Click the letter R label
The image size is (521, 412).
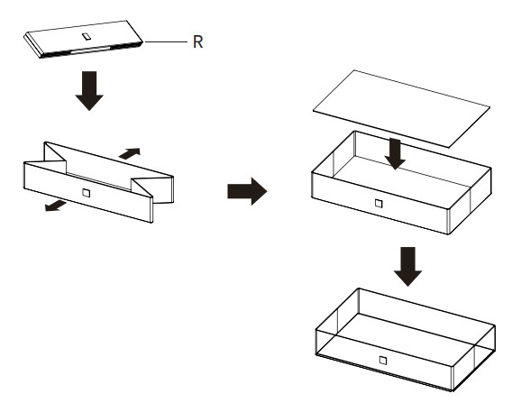pyautogui.click(x=197, y=41)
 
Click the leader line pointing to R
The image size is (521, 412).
pyautogui.click(x=166, y=41)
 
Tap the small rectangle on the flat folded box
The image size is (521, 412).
pyautogui.click(x=87, y=36)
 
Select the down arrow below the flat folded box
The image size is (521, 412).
pyautogui.click(x=89, y=91)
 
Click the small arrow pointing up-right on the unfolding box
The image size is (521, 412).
pyautogui.click(x=130, y=153)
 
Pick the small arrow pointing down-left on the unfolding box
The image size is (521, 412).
pyautogui.click(x=56, y=206)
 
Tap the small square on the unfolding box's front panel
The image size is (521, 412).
pyautogui.click(x=86, y=193)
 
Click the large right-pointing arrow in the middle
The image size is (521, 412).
pyautogui.click(x=247, y=191)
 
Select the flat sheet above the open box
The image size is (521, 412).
pyautogui.click(x=401, y=109)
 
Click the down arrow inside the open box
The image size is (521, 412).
pyautogui.click(x=395, y=154)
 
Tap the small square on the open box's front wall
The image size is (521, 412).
pyautogui.click(x=379, y=204)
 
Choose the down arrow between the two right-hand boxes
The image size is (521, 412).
pyautogui.click(x=408, y=267)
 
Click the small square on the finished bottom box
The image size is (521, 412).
pyautogui.click(x=383, y=361)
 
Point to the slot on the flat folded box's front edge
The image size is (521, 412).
pyautogui.click(x=90, y=50)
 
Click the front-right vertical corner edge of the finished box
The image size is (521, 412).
pyautogui.click(x=452, y=378)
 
